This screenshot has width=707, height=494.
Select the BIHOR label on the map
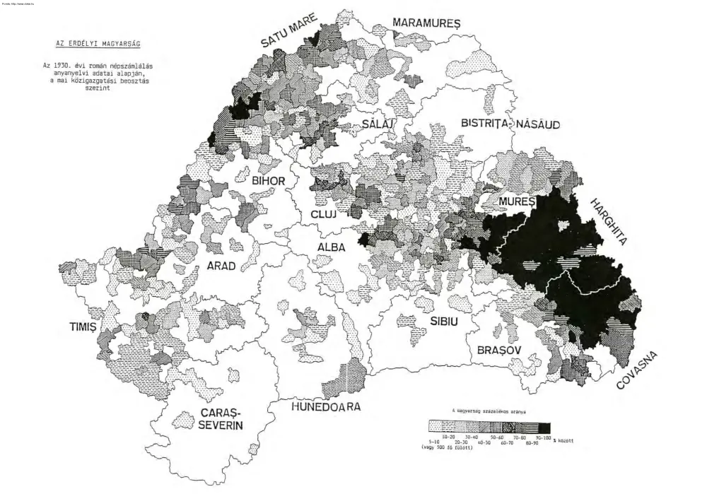(268, 181)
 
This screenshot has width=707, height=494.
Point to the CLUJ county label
(325, 214)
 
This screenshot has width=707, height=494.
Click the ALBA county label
(331, 247)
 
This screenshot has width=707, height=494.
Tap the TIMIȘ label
(83, 327)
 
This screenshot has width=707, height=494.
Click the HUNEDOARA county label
(327, 407)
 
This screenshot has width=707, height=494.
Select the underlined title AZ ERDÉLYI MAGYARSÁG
(98, 43)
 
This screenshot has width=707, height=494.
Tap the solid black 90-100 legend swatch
(544, 427)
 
